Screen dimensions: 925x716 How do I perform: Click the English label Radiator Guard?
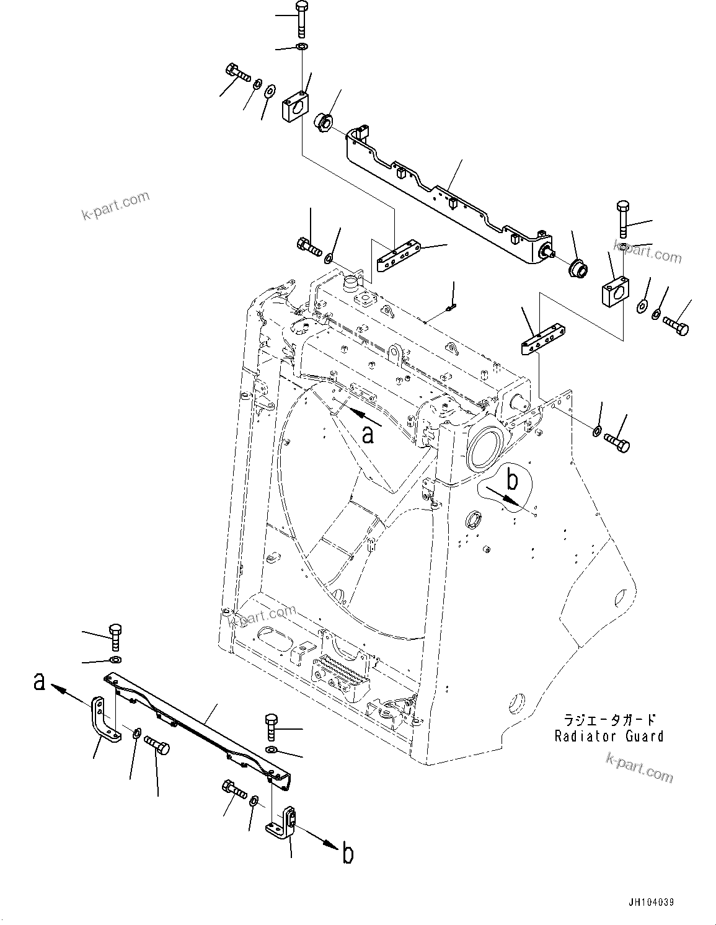pos(608,736)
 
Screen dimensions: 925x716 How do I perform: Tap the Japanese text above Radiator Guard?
pos(608,720)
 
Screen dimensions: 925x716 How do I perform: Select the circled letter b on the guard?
pos(512,479)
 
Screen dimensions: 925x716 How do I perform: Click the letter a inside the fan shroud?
pos(368,435)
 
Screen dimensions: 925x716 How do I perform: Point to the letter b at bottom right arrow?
pos(348,854)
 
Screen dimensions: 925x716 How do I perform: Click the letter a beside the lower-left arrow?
pos(39,683)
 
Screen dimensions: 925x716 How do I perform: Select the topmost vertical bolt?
pos(301,19)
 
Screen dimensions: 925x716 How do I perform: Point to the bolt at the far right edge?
pos(676,324)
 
